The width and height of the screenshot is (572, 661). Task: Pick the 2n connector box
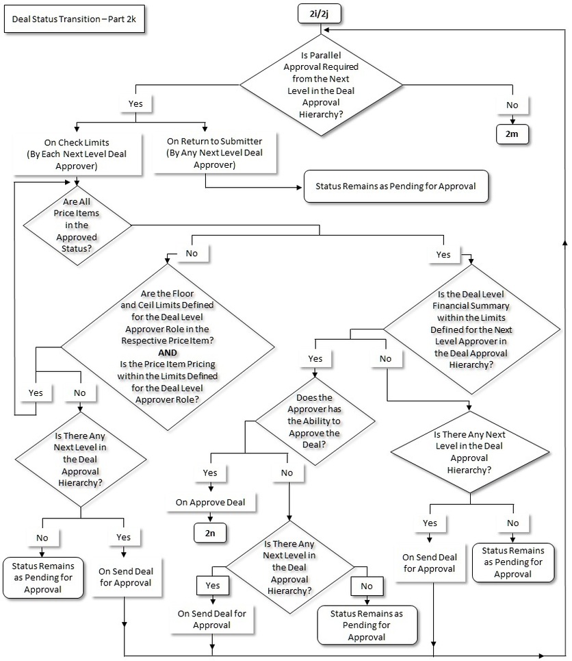tap(211, 532)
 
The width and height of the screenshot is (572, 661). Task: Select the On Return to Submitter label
tap(214, 153)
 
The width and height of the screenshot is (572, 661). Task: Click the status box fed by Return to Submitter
tap(396, 186)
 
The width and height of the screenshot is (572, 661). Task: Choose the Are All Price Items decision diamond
tap(77, 221)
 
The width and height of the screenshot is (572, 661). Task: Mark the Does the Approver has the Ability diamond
tap(314, 421)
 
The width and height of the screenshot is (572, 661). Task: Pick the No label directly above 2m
tap(511, 106)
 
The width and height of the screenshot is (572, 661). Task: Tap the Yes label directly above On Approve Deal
tap(210, 473)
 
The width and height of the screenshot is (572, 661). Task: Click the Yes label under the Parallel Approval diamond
tap(135, 104)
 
